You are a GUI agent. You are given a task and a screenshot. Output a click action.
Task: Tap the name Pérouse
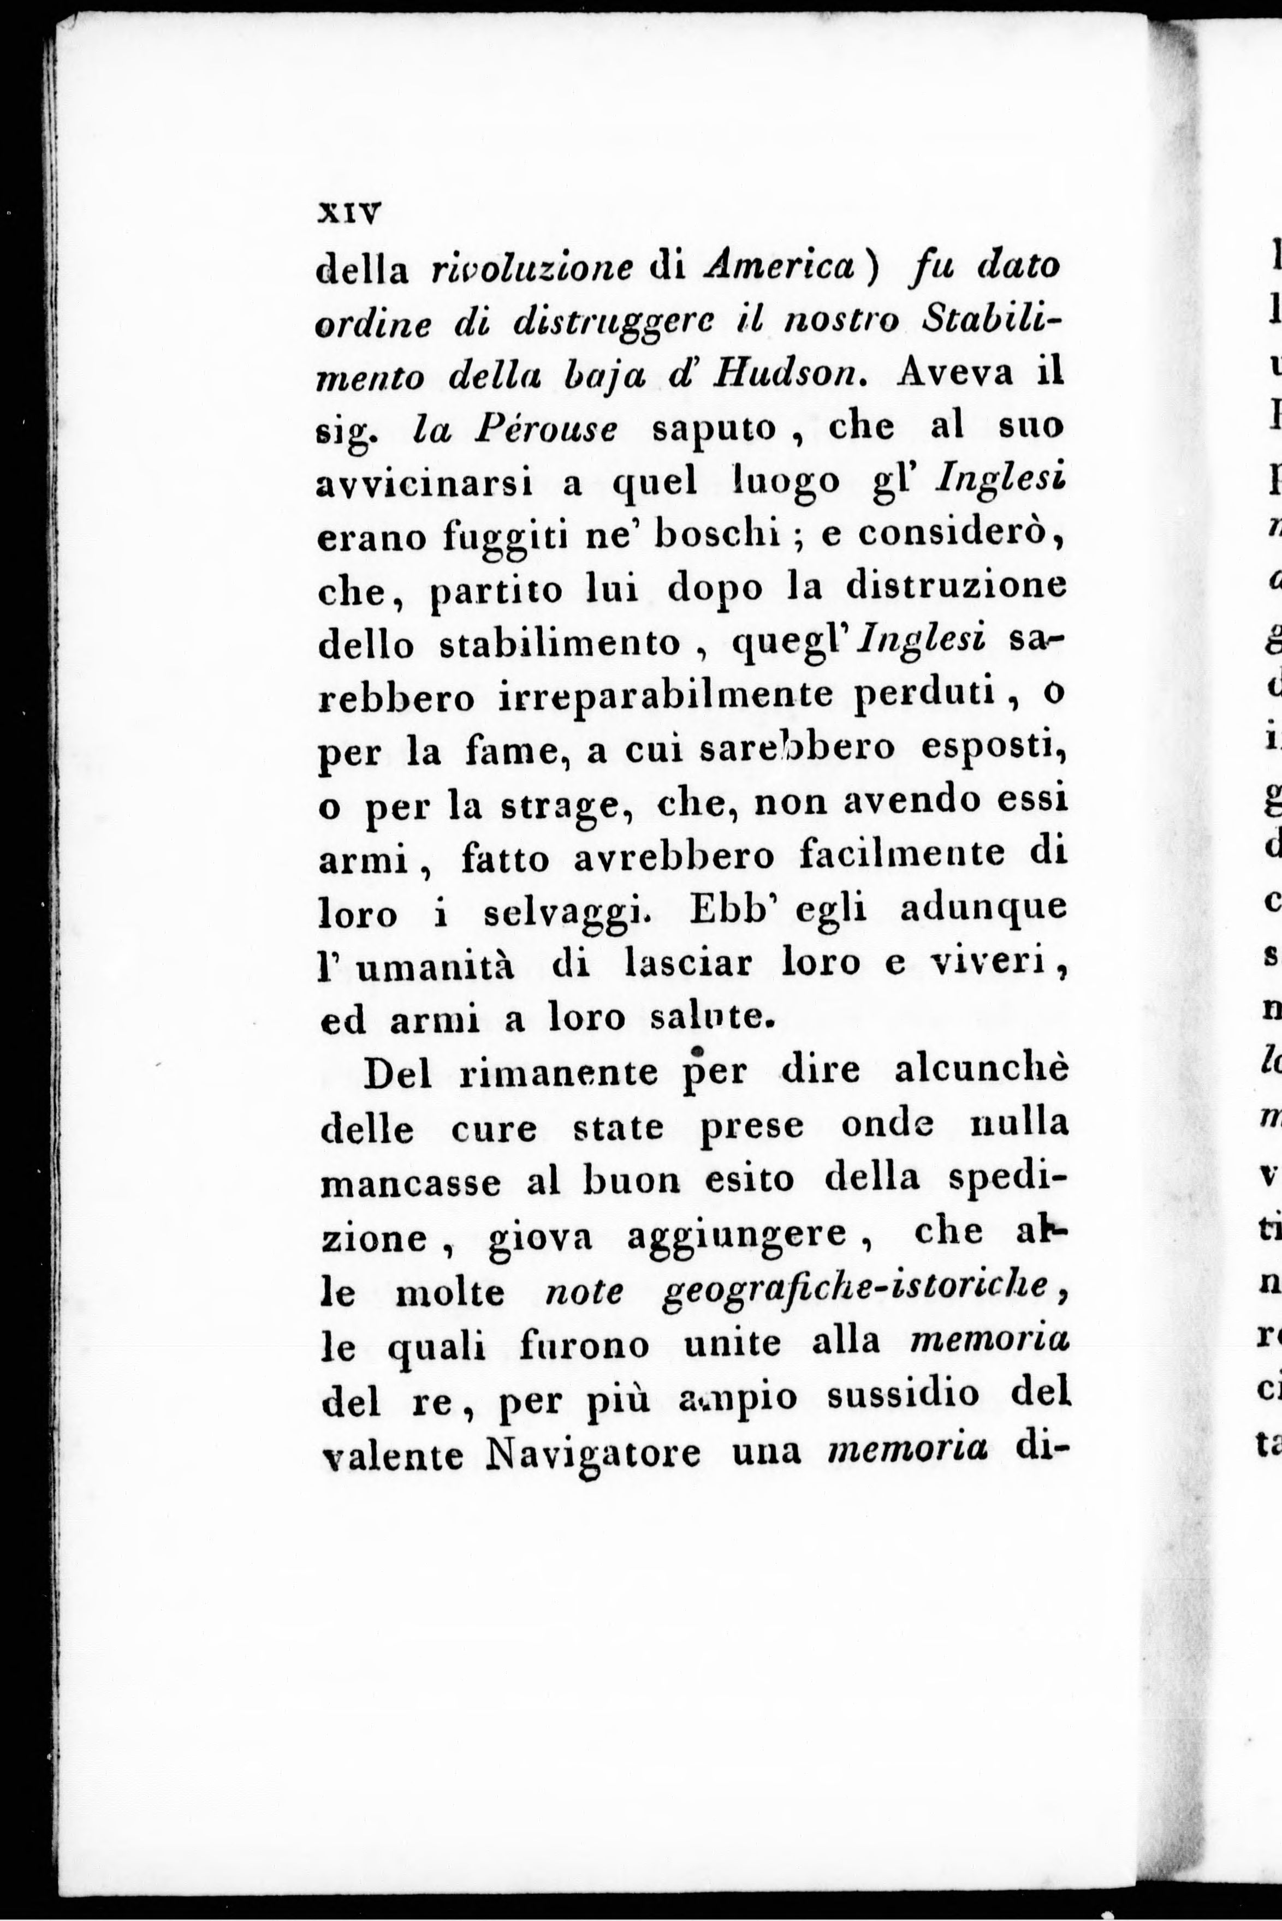[547, 427]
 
